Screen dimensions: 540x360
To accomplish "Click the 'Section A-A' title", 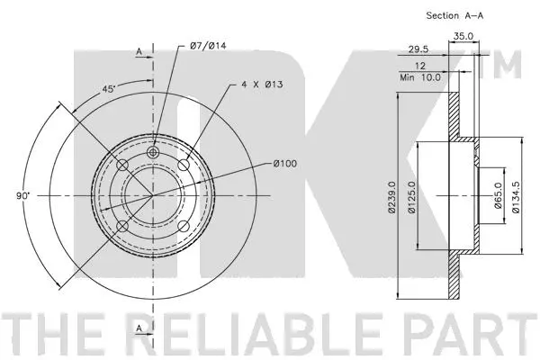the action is click(454, 15).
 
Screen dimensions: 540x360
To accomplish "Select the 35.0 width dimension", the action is click(463, 36).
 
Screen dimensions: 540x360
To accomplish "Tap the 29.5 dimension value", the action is click(418, 49).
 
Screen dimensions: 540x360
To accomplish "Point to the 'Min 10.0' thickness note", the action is click(420, 77).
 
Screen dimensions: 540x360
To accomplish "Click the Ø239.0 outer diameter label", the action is click(391, 197).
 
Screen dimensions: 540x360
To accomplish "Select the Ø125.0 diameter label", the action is click(412, 197).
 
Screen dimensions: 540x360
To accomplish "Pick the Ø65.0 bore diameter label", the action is click(499, 195).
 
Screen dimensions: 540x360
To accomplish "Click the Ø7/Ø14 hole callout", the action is click(208, 46).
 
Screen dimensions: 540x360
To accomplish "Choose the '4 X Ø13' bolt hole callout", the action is click(262, 84).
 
